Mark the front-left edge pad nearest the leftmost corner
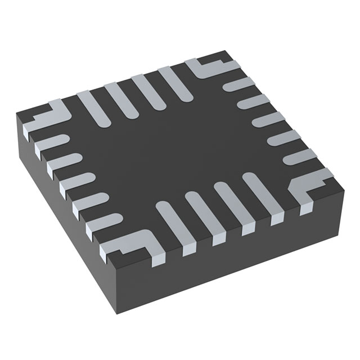51,143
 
